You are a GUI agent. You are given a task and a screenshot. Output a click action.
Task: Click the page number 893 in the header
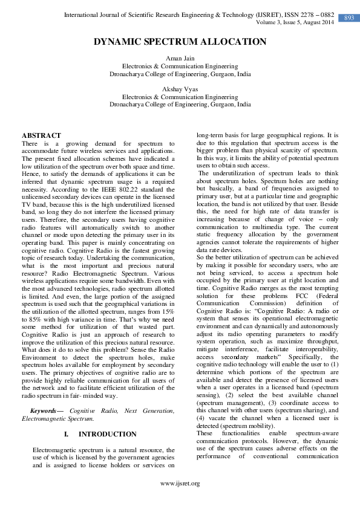coord(349,18)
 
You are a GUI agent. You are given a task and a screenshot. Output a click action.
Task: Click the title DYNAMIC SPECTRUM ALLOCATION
coord(180,42)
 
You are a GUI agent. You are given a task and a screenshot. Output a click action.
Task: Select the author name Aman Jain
coord(180,57)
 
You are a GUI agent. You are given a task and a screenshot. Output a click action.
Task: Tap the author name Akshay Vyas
coord(180,89)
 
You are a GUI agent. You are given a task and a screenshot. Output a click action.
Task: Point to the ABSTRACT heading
coord(41,135)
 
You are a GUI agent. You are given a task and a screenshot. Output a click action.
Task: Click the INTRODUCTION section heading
coord(107,435)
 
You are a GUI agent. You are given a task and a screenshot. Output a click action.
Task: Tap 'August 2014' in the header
coord(317,22)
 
